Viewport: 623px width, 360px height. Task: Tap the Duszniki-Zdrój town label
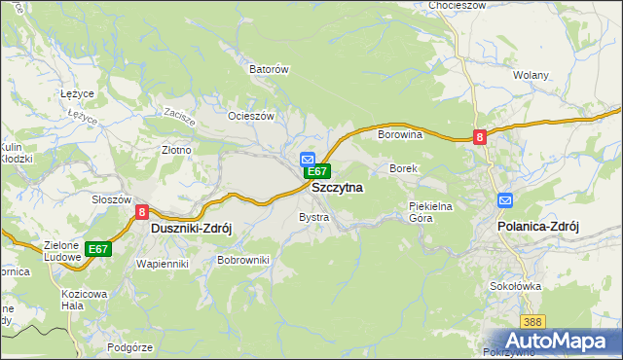click(191, 227)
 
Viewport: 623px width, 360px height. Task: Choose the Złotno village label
click(176, 151)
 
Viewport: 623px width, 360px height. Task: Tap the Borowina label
click(399, 135)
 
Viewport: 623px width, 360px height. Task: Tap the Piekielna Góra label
click(431, 212)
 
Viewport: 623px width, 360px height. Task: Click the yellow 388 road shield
click(531, 321)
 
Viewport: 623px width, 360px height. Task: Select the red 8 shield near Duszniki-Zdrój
click(142, 211)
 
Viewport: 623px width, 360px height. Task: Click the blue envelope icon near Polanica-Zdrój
click(505, 200)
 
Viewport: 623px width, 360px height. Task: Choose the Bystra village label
click(313, 217)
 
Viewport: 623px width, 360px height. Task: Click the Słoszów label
click(111, 199)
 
